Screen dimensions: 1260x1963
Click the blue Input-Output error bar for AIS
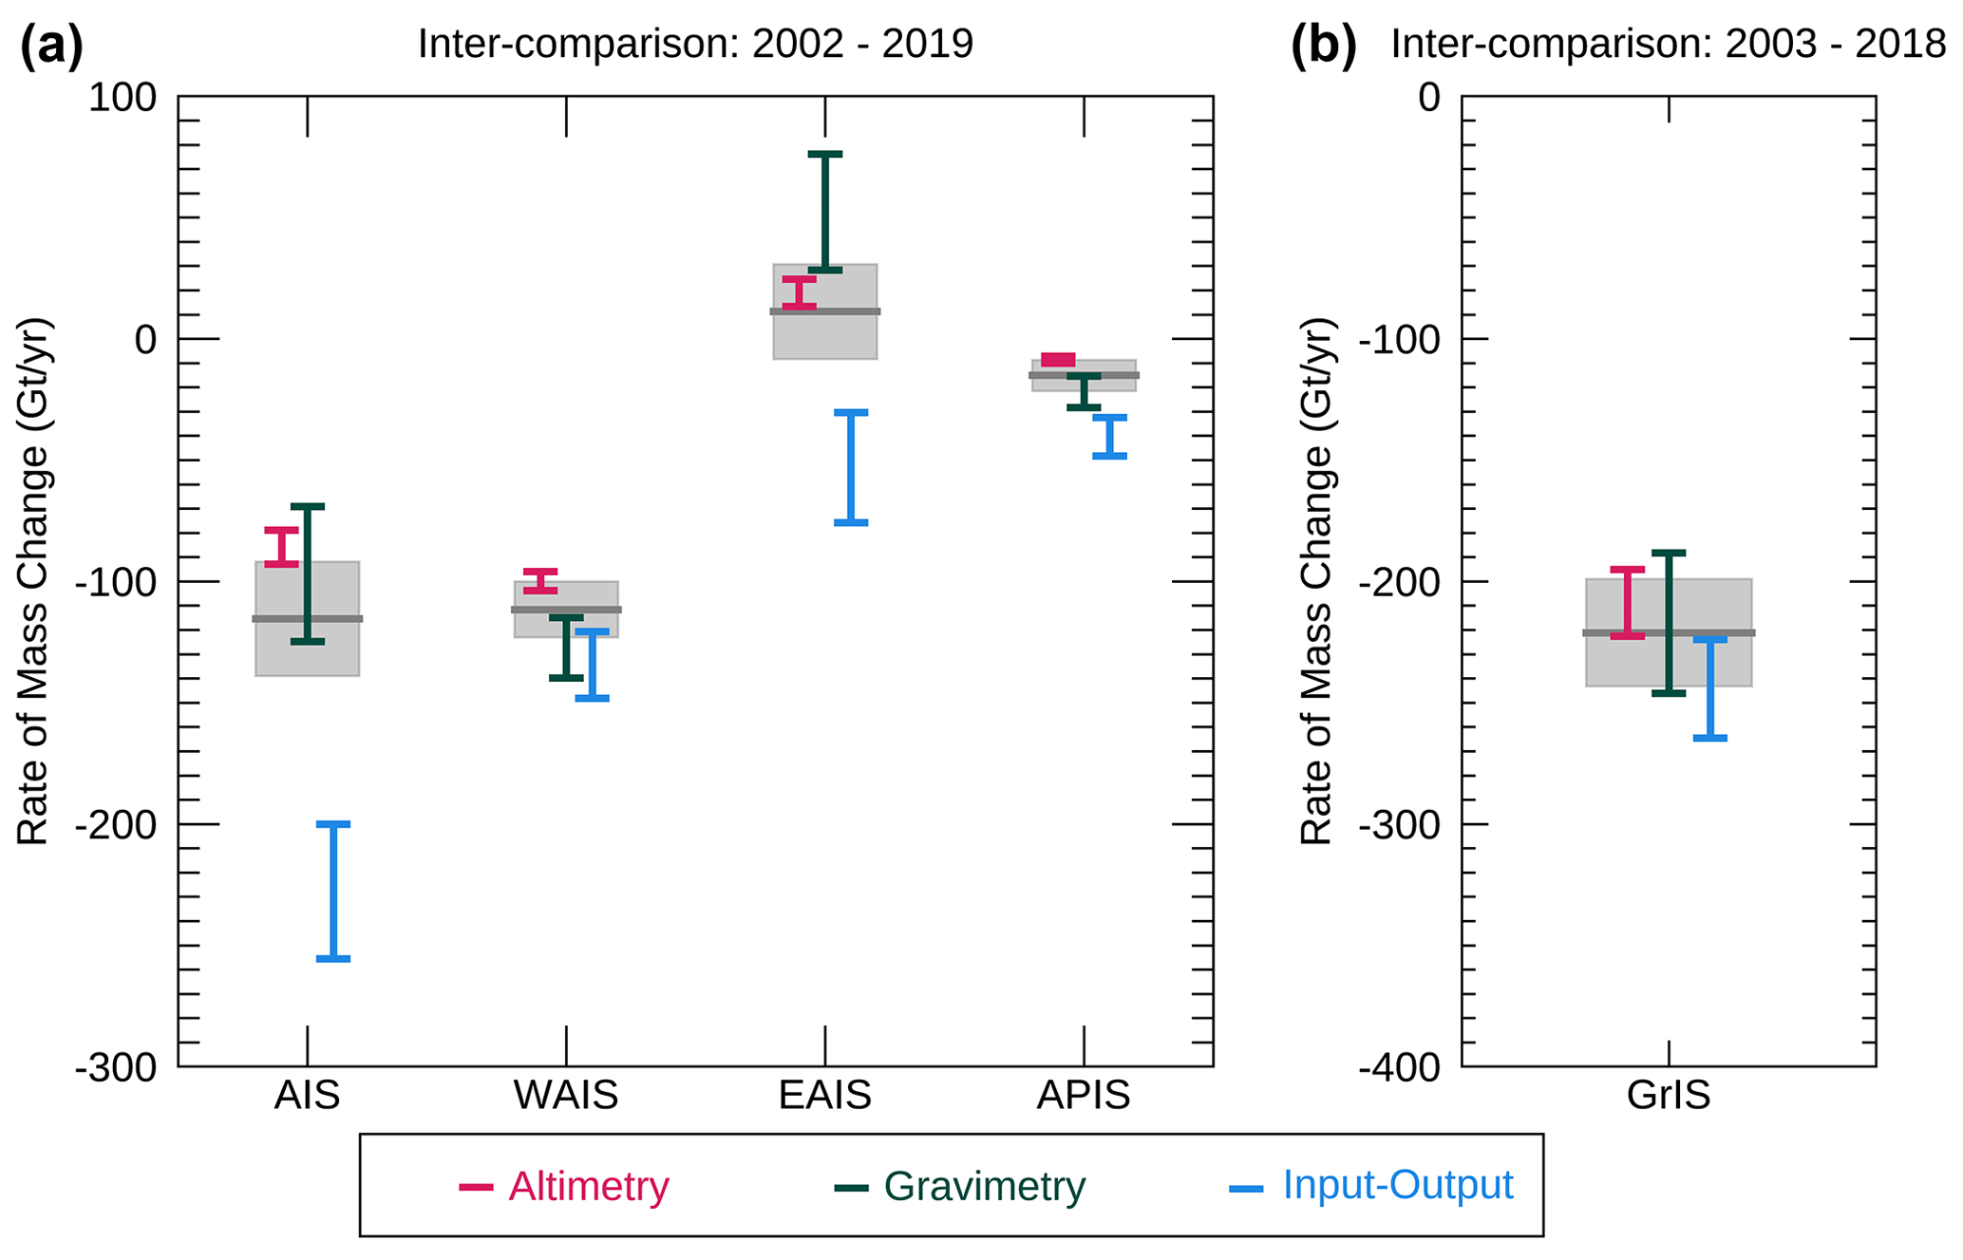[x=332, y=891]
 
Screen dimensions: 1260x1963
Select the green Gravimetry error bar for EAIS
[x=824, y=212]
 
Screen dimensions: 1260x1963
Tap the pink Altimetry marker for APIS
[x=1057, y=360]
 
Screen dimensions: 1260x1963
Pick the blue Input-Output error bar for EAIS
[x=850, y=467]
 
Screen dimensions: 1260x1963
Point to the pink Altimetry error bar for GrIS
[x=1627, y=602]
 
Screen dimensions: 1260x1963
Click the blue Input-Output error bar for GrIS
[x=1709, y=688]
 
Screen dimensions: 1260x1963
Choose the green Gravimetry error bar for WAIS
[x=566, y=648]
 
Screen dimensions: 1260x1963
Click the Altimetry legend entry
[x=565, y=1187]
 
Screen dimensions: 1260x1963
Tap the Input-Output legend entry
[x=1371, y=1186]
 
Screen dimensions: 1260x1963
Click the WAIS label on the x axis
[x=566, y=1096]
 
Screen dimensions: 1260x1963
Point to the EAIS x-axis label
[x=824, y=1096]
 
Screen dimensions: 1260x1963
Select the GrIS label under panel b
[x=1668, y=1096]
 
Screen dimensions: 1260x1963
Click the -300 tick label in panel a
[x=116, y=1068]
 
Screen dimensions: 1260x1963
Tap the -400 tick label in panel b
[x=1399, y=1068]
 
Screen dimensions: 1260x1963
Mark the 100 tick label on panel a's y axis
[x=123, y=97]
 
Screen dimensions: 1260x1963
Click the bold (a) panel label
[x=51, y=45]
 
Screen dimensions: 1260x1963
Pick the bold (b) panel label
[x=1323, y=45]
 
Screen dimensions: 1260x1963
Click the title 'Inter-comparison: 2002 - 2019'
[x=695, y=45]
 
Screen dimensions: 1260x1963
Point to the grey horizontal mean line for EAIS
[x=824, y=311]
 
